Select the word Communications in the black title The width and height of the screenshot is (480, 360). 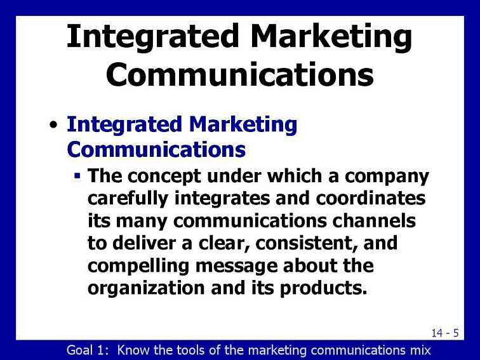point(240,74)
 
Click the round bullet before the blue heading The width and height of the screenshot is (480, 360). point(53,125)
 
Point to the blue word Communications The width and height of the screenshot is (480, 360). point(156,149)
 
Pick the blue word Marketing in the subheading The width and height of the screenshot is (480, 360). point(243,125)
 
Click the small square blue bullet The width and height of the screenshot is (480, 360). point(77,176)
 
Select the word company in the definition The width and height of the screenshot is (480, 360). point(387,177)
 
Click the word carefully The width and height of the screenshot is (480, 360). point(128,199)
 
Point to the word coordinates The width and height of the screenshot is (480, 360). point(371,198)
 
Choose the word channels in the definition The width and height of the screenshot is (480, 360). point(374,221)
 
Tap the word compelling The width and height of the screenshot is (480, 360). point(138,266)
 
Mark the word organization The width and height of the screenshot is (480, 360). point(146,288)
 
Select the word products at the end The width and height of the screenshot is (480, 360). point(323,289)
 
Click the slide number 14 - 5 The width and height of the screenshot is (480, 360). point(445,333)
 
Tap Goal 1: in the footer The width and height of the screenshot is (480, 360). point(88,350)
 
